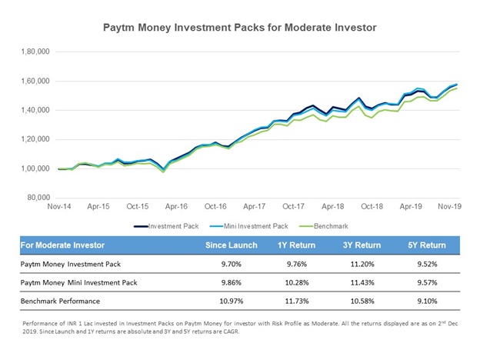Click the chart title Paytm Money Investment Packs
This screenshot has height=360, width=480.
240,27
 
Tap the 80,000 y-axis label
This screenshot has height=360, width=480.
36,198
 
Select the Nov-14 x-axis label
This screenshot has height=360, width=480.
58,207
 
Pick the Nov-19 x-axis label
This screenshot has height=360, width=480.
451,207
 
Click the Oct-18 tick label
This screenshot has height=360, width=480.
372,207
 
